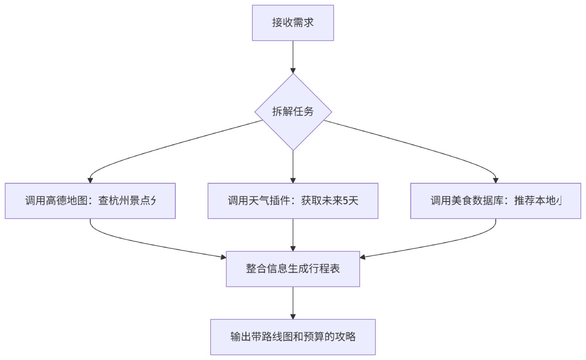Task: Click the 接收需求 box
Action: [293, 23]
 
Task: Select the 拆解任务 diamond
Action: [293, 112]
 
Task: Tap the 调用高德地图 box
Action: [90, 201]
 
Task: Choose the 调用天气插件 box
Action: [293, 201]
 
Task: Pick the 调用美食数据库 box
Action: [496, 201]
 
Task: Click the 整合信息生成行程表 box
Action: [293, 269]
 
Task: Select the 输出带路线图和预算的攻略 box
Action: [293, 337]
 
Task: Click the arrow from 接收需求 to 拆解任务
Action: [293, 56]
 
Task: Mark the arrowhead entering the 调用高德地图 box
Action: [90, 180]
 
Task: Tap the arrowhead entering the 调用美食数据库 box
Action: [496, 180]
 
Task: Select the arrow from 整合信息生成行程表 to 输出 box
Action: [293, 302]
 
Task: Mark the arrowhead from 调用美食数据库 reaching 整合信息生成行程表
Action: [363, 257]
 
